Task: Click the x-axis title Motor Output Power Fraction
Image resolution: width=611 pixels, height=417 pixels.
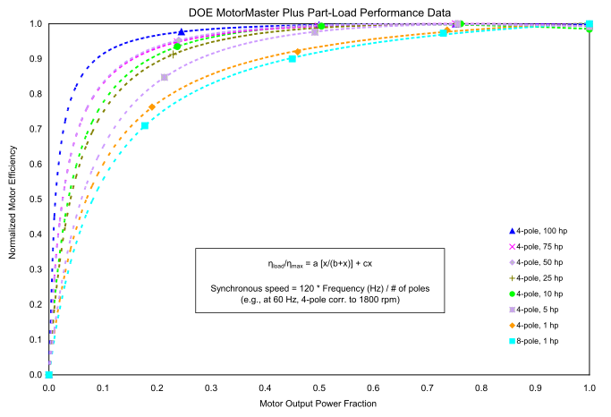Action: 318,404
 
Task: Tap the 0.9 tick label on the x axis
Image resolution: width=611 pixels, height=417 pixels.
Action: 536,389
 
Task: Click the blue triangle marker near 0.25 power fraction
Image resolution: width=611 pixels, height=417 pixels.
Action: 182,32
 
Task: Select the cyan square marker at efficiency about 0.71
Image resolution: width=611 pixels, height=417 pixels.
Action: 145,125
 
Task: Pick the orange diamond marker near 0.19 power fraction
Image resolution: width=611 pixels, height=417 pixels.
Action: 152,107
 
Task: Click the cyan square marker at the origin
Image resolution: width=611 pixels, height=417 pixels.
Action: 49,375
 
